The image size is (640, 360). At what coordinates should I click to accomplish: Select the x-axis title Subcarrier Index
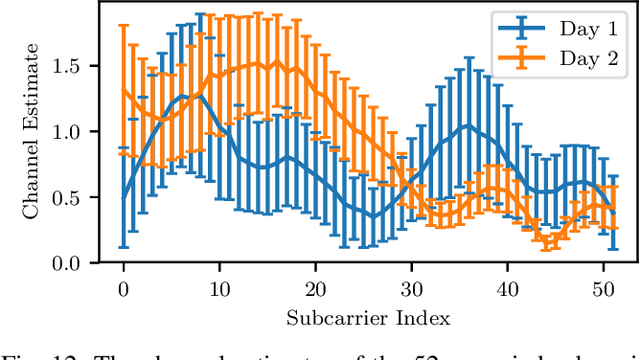[x=367, y=318]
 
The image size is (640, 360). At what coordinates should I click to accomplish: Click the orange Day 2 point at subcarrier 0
[x=123, y=90]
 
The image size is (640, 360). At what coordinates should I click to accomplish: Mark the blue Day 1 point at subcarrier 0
[x=123, y=197]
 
